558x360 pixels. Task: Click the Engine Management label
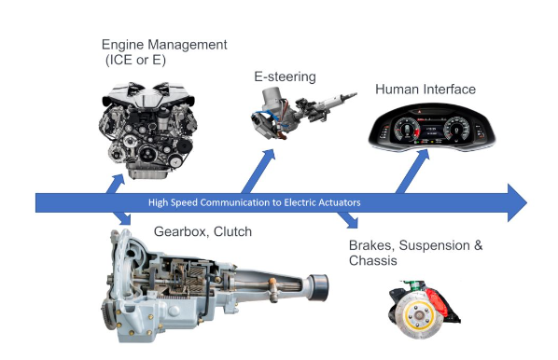164,45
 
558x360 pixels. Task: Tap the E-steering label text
285,76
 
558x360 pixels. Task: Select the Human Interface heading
425,90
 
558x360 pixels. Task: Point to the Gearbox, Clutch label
202,231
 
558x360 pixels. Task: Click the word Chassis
373,260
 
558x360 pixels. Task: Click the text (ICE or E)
135,60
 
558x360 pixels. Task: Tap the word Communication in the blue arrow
235,202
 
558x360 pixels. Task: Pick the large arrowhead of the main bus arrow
517,202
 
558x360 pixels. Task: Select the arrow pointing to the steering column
258,171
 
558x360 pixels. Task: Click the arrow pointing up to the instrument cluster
412,171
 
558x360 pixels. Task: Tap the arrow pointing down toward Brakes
348,220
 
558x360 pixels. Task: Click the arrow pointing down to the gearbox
122,219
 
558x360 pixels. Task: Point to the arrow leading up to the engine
116,184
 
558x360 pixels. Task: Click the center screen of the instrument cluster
431,131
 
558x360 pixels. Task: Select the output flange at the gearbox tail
318,287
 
